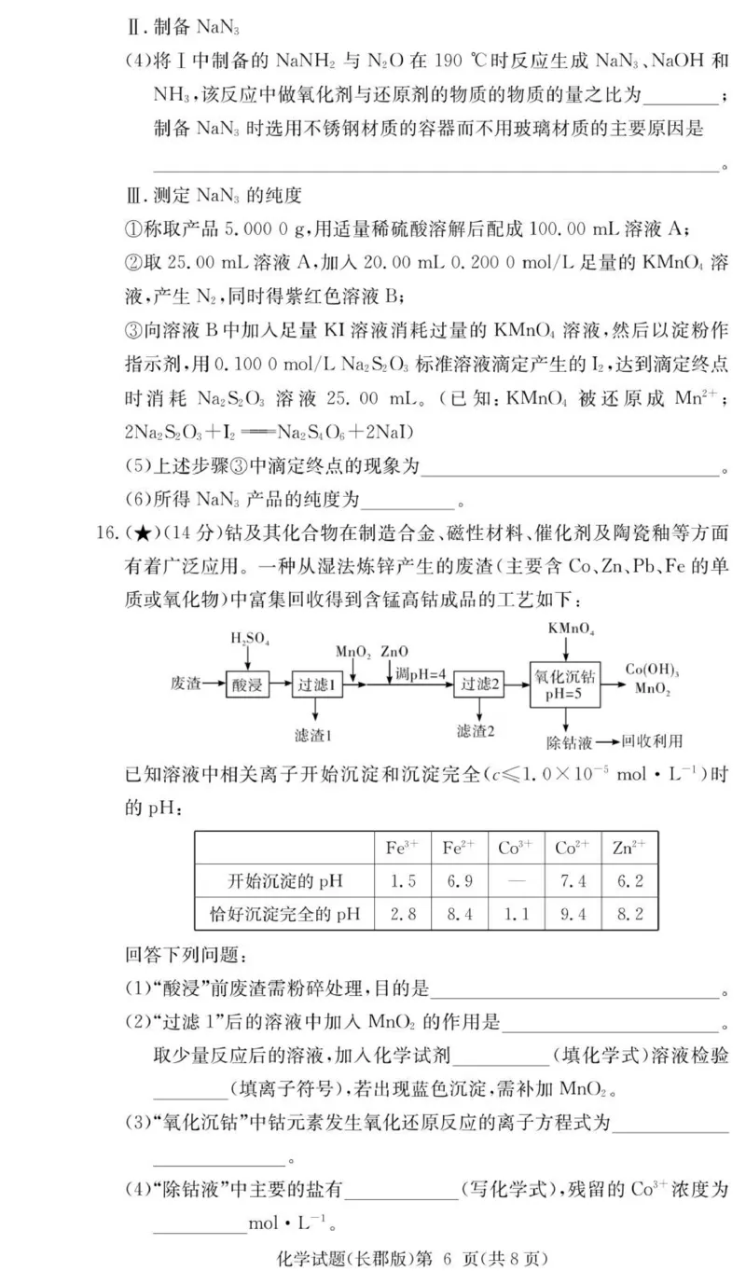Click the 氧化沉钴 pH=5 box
(x=564, y=684)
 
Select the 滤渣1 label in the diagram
(x=315, y=735)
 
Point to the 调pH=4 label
(x=420, y=673)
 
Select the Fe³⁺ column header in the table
(x=402, y=848)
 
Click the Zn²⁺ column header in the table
(x=629, y=848)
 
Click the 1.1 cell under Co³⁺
(x=515, y=914)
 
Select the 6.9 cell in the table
(x=458, y=880)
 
